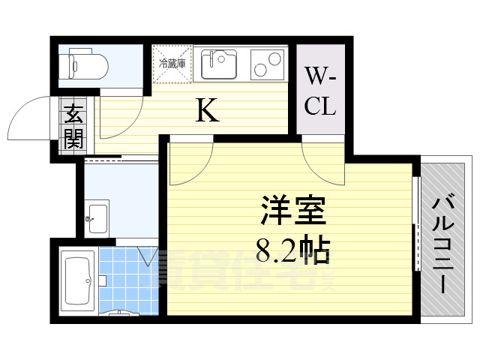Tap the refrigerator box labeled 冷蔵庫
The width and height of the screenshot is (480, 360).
pyautogui.click(x=172, y=63)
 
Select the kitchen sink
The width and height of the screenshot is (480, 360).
pyautogui.click(x=220, y=64)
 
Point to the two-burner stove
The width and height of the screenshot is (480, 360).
pyautogui.click(x=268, y=63)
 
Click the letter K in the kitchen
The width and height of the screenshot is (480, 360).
pyautogui.click(x=208, y=112)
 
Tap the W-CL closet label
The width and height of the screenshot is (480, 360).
pyautogui.click(x=320, y=91)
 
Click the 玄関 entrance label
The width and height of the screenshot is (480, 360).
pyautogui.click(x=73, y=126)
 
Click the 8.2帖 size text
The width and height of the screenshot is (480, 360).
pyautogui.click(x=292, y=250)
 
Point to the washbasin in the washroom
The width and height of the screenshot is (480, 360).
pyautogui.click(x=97, y=217)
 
